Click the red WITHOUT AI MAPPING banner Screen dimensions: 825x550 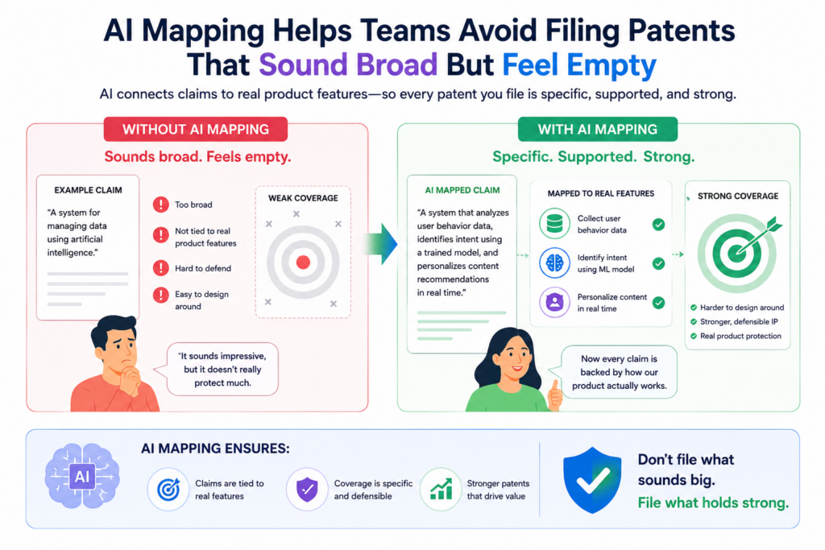coord(196,130)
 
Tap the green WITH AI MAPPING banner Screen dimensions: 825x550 coord(598,130)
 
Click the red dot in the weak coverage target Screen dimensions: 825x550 coord(303,263)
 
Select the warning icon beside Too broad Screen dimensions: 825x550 coord(160,205)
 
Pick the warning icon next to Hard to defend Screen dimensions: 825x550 coord(160,268)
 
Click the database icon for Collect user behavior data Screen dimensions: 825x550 coord(554,224)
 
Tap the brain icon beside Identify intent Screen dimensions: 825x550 coord(554,263)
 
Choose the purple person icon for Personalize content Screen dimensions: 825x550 coord(554,302)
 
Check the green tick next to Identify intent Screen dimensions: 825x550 coord(658,263)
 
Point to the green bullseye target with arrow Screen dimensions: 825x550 coord(739,252)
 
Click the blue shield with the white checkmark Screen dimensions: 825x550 coord(592,480)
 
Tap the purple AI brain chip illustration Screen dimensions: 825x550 coord(82,477)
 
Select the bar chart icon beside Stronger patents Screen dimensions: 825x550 coord(441,490)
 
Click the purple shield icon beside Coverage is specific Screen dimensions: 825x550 coord(307,490)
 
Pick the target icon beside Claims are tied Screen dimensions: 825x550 coord(168,490)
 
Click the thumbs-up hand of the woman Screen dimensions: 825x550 coord(554,395)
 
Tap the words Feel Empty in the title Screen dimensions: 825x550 coord(579,65)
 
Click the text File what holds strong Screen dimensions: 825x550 coord(714,503)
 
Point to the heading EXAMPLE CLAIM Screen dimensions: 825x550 coord(89,190)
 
